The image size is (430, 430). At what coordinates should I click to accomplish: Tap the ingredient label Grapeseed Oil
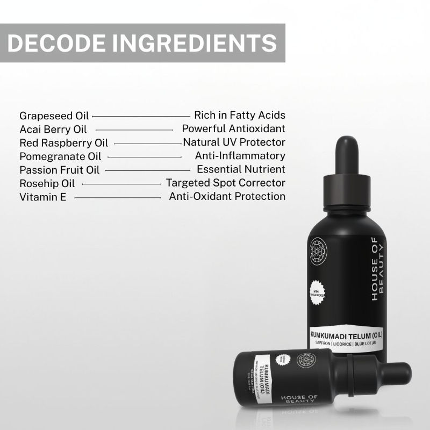click(x=54, y=116)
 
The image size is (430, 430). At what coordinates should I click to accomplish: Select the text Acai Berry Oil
click(x=53, y=129)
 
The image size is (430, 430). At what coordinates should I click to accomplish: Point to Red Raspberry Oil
click(x=63, y=143)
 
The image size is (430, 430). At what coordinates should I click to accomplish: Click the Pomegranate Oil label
click(x=60, y=156)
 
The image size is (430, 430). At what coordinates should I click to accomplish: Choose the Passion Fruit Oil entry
click(x=59, y=170)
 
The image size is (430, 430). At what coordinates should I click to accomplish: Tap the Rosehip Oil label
click(x=47, y=183)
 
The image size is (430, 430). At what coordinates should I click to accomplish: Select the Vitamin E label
click(x=42, y=197)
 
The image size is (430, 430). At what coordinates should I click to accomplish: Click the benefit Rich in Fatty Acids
click(x=240, y=115)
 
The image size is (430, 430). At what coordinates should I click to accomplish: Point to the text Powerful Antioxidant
click(x=233, y=128)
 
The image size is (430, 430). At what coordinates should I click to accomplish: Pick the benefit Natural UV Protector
click(x=234, y=142)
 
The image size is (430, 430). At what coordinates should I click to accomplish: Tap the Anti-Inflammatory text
click(x=240, y=156)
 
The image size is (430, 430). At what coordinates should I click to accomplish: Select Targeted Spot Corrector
click(x=225, y=183)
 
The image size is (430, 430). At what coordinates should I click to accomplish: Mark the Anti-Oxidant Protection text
click(x=227, y=196)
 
